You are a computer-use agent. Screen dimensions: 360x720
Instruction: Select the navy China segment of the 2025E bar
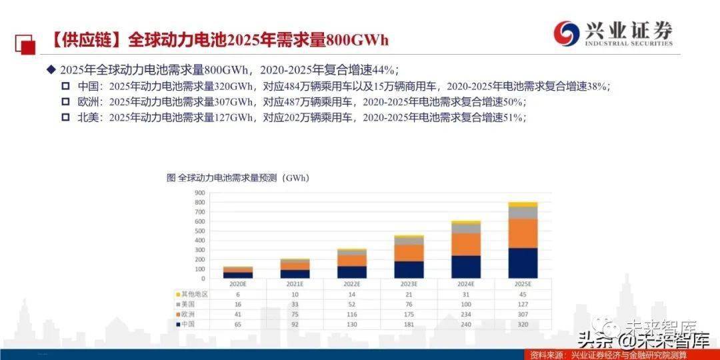(523, 263)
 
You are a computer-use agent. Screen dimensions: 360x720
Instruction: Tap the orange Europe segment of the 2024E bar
(466, 244)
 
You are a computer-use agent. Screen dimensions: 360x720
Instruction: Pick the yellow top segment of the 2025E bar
(523, 205)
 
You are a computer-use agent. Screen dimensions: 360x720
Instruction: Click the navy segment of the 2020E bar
(237, 274)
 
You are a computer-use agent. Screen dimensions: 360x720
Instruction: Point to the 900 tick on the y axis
(199, 193)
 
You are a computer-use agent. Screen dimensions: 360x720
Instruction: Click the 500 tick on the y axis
(199, 231)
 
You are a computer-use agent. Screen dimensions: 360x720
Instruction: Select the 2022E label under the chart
(351, 283)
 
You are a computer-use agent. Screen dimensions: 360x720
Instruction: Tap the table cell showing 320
(523, 325)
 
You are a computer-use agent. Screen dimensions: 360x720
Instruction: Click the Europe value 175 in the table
(409, 314)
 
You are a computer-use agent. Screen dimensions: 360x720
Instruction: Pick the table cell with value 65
(237, 325)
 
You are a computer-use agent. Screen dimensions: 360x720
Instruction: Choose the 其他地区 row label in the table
(195, 293)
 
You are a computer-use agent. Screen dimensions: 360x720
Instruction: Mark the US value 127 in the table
(523, 304)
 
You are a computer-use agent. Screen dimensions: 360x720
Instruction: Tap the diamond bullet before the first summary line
(50, 70)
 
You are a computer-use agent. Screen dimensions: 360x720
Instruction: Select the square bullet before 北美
(65, 117)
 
